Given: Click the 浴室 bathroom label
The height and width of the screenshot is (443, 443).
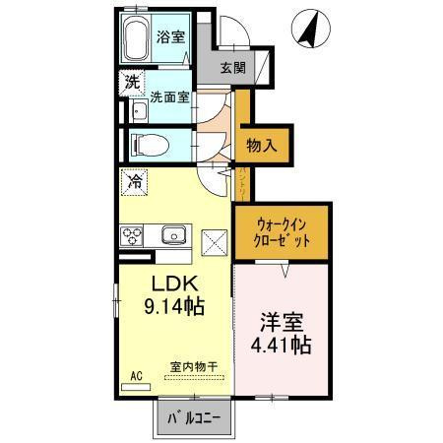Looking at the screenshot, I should click(x=171, y=37).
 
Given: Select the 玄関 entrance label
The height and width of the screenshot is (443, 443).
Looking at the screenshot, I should click(x=232, y=68).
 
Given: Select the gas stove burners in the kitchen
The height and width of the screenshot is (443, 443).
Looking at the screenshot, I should click(x=133, y=235).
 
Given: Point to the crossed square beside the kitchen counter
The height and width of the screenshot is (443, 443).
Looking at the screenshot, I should click(x=215, y=237).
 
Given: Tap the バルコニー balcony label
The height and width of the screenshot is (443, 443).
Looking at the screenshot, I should click(x=193, y=418).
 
